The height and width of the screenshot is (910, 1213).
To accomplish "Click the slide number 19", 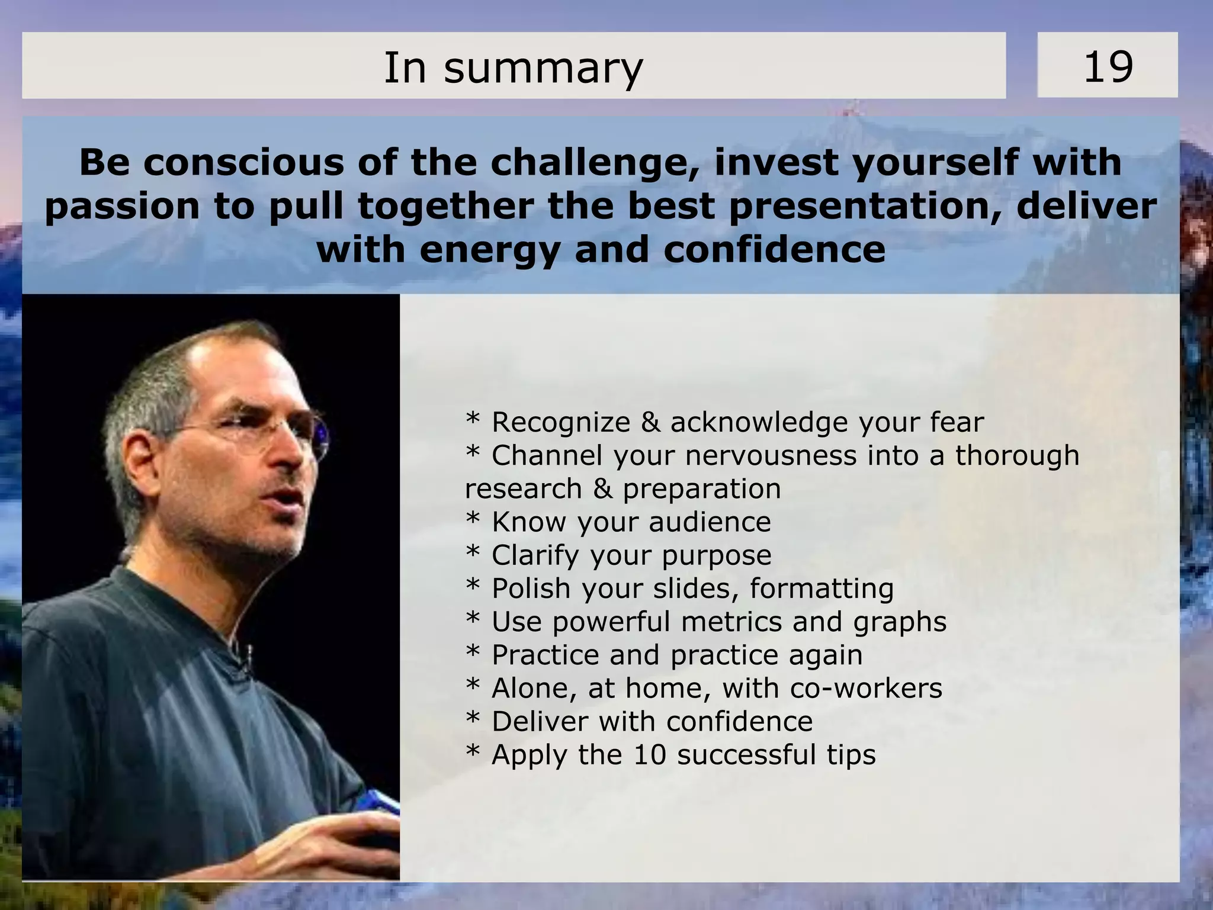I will [x=1108, y=66].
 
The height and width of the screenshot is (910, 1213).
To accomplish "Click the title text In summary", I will [x=513, y=67].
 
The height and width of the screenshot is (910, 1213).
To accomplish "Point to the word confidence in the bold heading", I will [x=774, y=250].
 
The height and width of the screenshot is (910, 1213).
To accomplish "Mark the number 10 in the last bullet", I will [x=650, y=755].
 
